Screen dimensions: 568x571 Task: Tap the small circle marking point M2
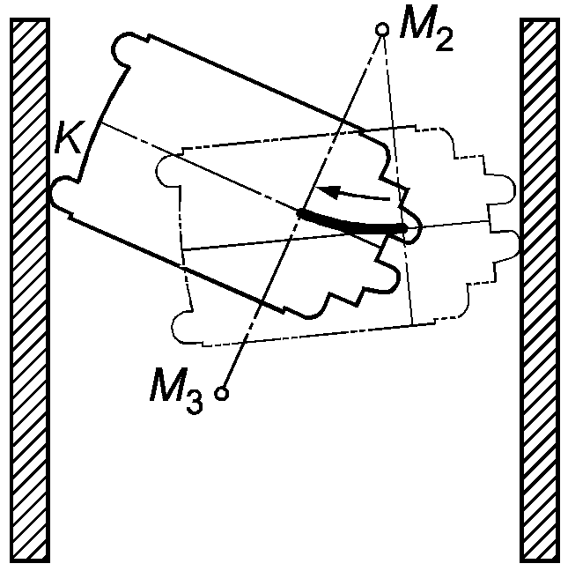382,30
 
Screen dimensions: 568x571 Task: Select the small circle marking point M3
223,393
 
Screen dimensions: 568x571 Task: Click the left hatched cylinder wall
27,291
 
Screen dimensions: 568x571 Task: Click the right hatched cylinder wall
540,291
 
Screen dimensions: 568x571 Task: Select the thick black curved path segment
352,224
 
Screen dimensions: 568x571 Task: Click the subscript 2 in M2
444,39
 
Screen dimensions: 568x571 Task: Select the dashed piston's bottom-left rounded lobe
182,328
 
